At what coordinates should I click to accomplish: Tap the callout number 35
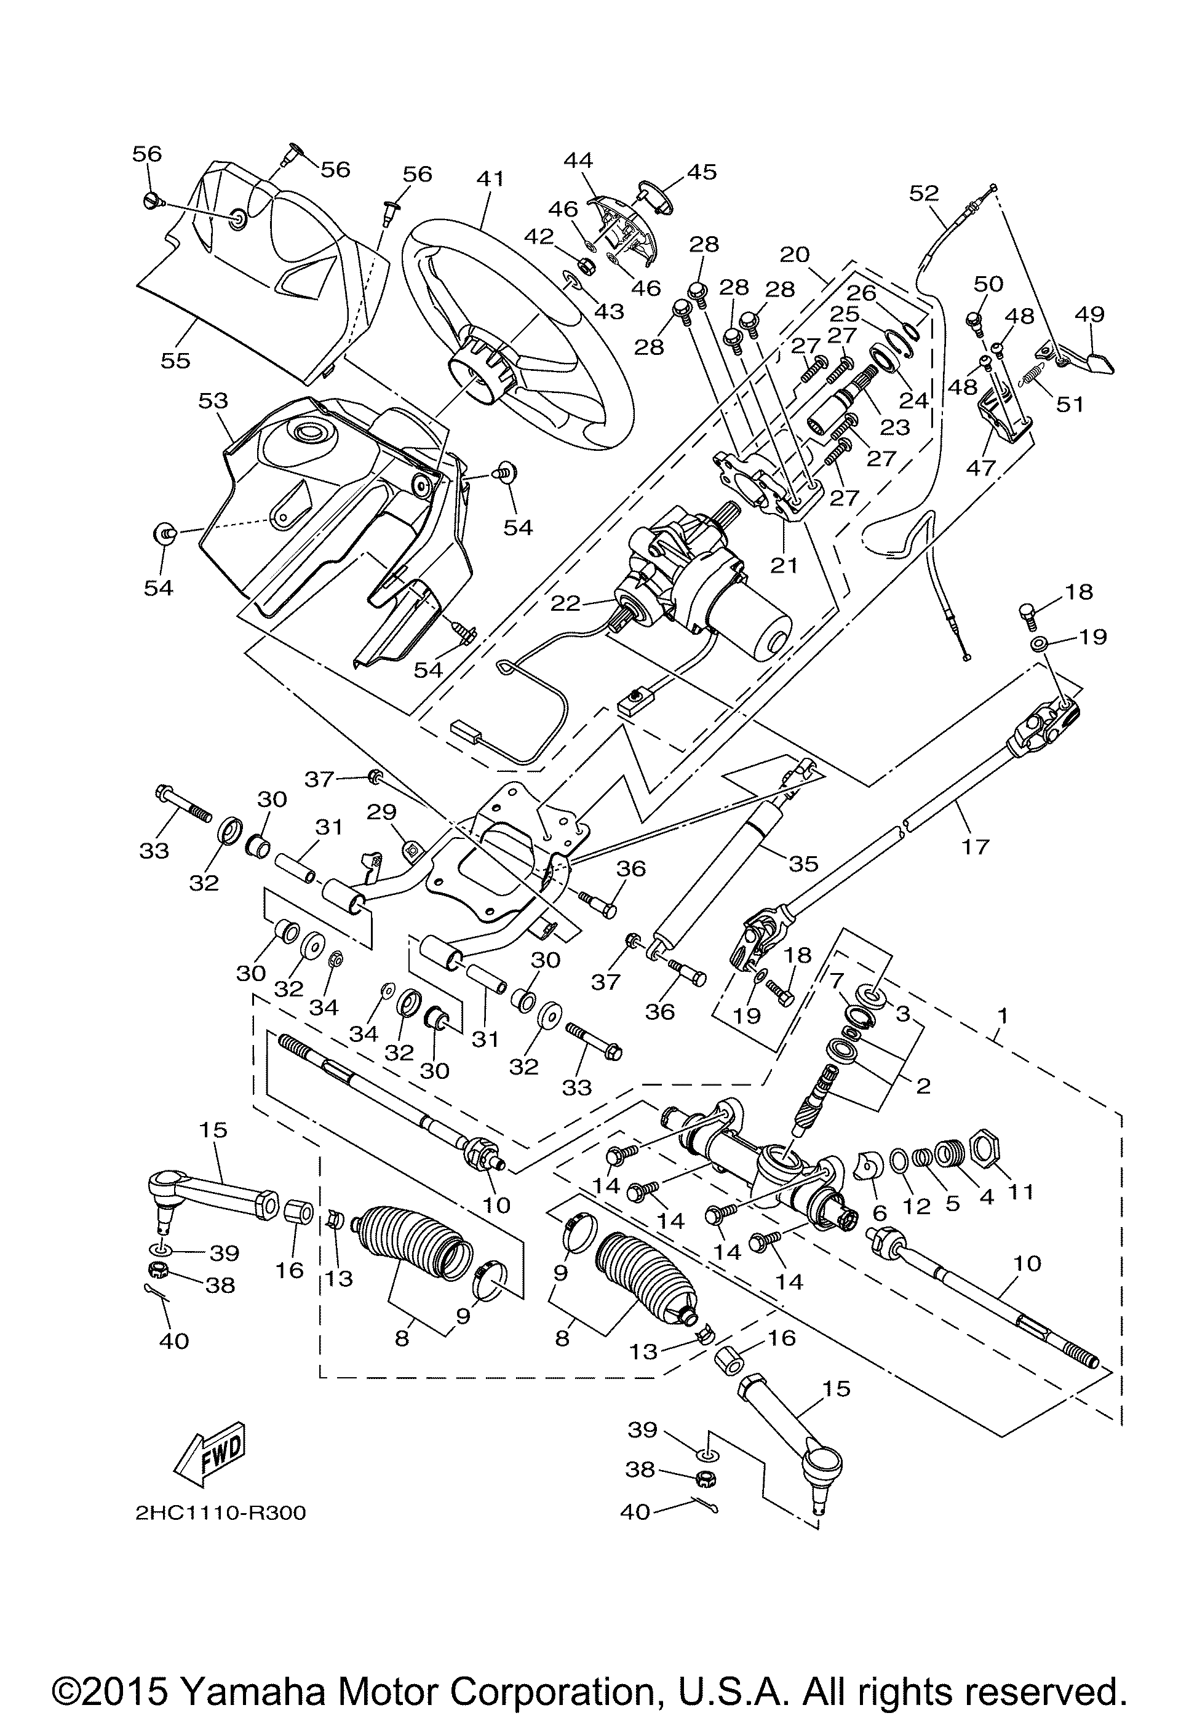[803, 863]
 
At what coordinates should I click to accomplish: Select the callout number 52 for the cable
[924, 193]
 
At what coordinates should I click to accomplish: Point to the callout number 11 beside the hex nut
[1020, 1193]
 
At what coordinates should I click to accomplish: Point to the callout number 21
[784, 565]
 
